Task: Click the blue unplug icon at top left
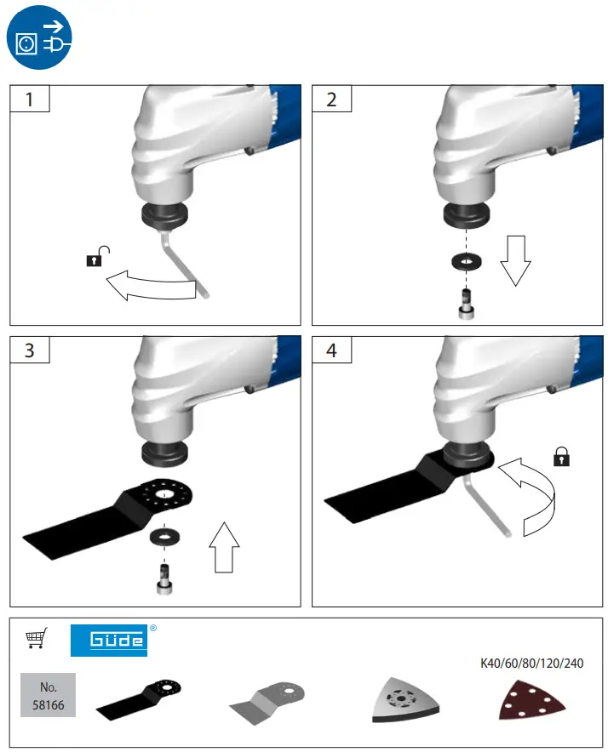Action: pyautogui.click(x=39, y=38)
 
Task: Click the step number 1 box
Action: pyautogui.click(x=30, y=99)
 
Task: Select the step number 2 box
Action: pyautogui.click(x=331, y=99)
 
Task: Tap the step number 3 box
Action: pyautogui.click(x=30, y=350)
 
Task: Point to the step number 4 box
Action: pyautogui.click(x=331, y=350)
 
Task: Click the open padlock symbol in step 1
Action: pyautogui.click(x=100, y=256)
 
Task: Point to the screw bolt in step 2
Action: pyautogui.click(x=467, y=304)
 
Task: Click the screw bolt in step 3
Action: pyautogui.click(x=163, y=578)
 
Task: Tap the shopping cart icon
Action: pyautogui.click(x=37, y=637)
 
